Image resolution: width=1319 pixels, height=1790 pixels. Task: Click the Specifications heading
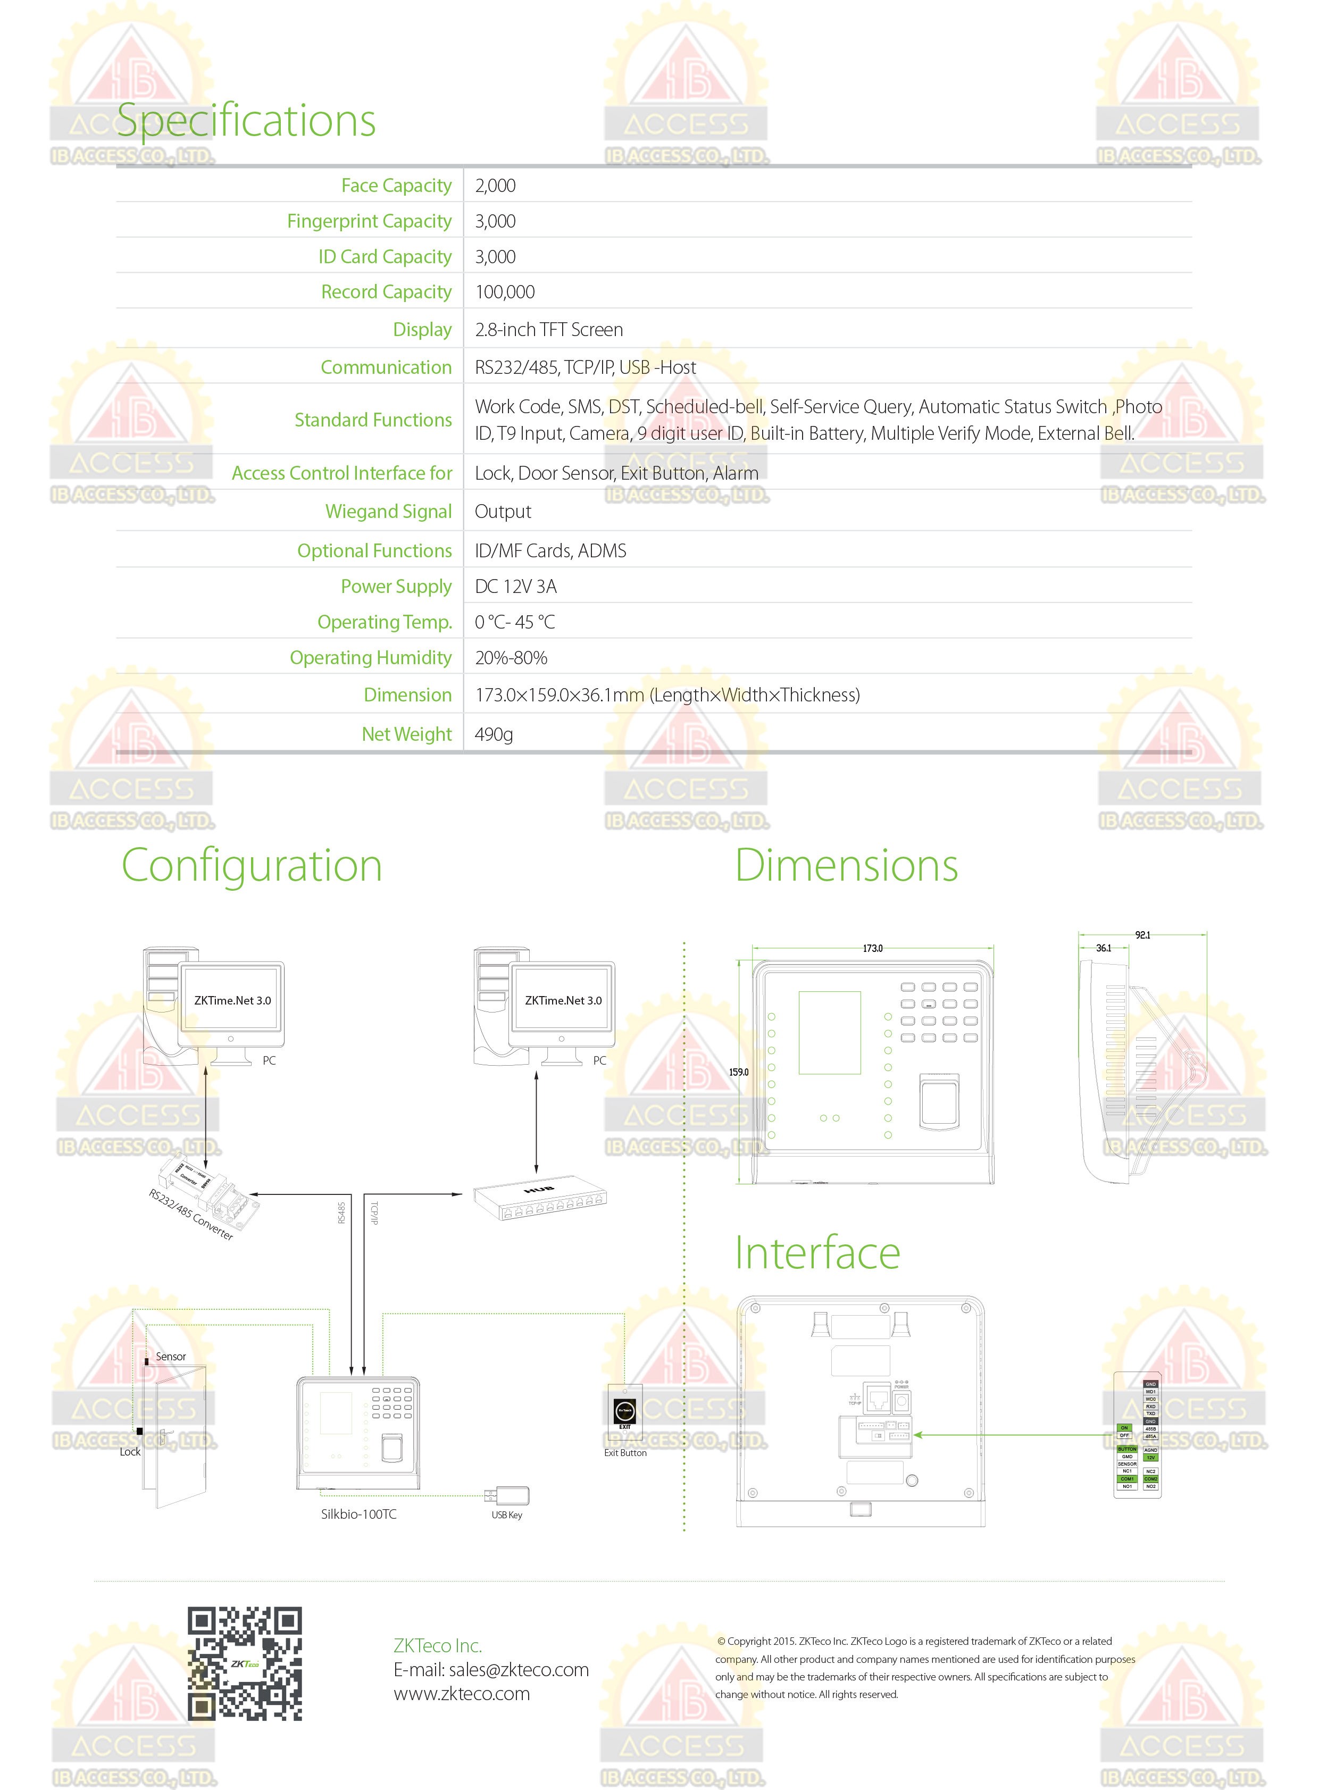246,121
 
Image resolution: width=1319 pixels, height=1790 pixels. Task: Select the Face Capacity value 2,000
495,186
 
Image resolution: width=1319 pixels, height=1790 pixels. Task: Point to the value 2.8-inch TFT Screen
548,330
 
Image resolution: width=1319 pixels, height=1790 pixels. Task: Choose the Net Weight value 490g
494,734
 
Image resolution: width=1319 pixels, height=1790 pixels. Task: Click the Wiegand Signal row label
388,512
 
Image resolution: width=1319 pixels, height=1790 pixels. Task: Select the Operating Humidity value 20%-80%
511,658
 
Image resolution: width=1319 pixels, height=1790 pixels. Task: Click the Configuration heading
252,865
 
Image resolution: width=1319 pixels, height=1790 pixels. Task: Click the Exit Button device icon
624,1411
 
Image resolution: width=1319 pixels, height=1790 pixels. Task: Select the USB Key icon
507,1495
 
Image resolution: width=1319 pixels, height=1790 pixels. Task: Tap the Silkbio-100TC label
358,1515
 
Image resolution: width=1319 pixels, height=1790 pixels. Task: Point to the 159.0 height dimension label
739,1072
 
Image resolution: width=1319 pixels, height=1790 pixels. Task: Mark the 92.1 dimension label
1142,935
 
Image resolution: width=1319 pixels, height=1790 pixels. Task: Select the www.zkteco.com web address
462,1694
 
